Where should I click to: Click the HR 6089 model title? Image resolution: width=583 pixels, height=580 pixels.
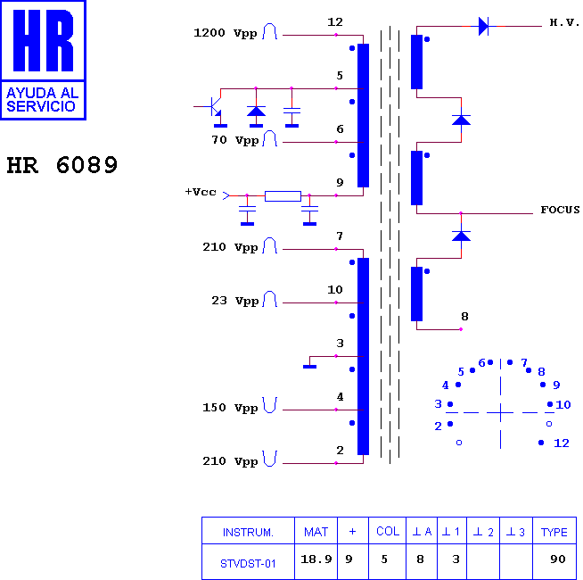pos(62,165)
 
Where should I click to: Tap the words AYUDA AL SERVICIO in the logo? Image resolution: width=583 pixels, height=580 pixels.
pos(43,99)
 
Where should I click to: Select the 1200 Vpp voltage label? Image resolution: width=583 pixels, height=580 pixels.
pos(226,33)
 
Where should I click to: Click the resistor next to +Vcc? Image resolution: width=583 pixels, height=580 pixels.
pos(283,195)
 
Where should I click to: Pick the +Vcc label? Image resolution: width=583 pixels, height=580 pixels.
pos(201,192)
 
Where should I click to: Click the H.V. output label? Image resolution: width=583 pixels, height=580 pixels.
pos(564,22)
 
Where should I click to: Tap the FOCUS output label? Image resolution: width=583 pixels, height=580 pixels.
pos(560,210)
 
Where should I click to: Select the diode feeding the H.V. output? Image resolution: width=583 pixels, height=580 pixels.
pos(483,27)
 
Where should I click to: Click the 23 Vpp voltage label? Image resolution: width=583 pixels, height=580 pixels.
pos(235,301)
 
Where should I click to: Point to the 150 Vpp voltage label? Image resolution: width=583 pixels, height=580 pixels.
pos(230,408)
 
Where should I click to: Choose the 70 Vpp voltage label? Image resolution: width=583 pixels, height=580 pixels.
pos(235,140)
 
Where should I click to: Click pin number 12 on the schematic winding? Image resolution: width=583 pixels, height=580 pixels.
pos(334,22)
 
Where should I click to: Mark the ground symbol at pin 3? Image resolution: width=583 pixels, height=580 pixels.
pos(309,367)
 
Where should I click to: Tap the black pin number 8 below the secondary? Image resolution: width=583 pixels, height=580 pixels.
pos(464,317)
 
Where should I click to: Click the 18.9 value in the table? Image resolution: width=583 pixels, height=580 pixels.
pos(316,559)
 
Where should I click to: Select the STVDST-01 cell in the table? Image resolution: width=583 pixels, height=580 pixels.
pos(248,564)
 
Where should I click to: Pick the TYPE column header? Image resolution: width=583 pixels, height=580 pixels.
pos(554,532)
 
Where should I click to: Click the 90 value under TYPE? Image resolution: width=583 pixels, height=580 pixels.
pos(558,559)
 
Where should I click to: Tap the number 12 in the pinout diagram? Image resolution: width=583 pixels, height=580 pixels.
pos(561,443)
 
